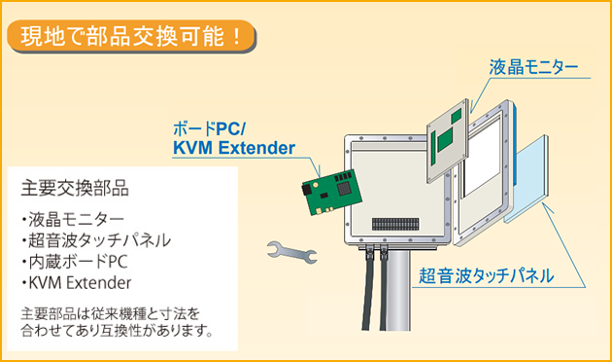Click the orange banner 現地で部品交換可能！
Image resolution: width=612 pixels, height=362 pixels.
point(131,36)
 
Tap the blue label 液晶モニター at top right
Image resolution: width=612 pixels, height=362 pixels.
point(533,67)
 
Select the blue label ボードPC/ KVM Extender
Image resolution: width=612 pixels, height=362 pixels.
point(234,138)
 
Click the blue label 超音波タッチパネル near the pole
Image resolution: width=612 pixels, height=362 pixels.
point(487,275)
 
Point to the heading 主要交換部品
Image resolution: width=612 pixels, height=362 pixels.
point(75,188)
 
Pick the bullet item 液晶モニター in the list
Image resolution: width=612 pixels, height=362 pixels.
point(73,220)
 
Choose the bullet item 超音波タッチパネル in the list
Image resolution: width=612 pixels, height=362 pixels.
point(96,240)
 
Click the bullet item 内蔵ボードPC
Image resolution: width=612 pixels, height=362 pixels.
point(75,262)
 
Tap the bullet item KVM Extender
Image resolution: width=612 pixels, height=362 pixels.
point(77,282)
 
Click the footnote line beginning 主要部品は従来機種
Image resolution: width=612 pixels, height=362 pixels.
point(111,314)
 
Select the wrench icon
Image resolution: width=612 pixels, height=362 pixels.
point(292,252)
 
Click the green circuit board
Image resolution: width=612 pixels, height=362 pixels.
point(332,192)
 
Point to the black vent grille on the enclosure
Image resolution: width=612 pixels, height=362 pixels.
point(395,224)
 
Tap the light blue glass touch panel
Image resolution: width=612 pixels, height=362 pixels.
point(527,179)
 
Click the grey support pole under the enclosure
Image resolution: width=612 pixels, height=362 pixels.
point(398,290)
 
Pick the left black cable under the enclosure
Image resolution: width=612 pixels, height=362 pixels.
point(367,288)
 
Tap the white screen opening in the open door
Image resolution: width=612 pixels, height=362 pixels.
point(481,157)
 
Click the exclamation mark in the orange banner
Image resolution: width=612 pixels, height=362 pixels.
point(236,36)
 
